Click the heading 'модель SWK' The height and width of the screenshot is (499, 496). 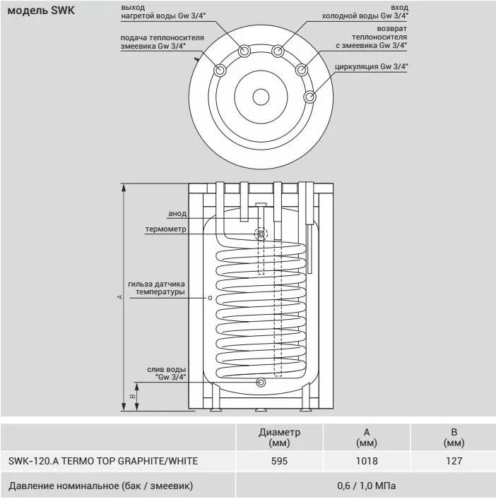click(x=41, y=11)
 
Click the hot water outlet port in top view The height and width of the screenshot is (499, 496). click(x=244, y=51)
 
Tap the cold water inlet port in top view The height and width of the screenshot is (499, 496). click(x=278, y=51)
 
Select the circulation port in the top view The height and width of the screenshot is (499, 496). click(x=309, y=97)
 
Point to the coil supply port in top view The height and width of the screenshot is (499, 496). click(x=220, y=70)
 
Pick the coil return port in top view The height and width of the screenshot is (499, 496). click(x=302, y=70)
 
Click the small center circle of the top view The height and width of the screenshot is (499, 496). click(x=261, y=97)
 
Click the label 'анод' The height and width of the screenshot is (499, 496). click(x=177, y=214)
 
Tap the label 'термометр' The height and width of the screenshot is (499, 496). click(x=165, y=229)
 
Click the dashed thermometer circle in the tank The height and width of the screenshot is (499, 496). click(x=261, y=234)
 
